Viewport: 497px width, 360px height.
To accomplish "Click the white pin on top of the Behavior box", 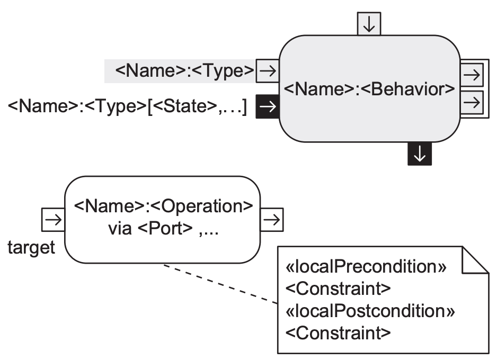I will coord(369,23).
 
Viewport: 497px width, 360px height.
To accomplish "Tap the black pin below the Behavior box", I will coord(419,154).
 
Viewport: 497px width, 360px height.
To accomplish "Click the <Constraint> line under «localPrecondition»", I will coord(338,289).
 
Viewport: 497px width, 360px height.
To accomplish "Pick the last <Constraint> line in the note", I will coord(338,333).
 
